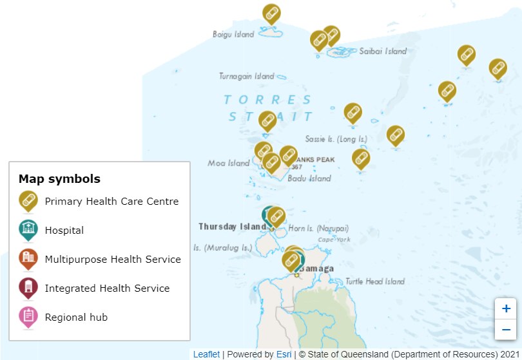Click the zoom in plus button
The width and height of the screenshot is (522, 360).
[506, 308]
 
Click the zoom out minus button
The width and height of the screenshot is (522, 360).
[506, 330]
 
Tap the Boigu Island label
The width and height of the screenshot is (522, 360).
[233, 34]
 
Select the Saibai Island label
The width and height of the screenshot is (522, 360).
[383, 51]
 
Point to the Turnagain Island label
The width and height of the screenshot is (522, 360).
[246, 76]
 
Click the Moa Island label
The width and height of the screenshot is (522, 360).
[228, 163]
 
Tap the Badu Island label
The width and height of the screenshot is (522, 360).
[309, 178]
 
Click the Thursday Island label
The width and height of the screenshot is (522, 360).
[231, 227]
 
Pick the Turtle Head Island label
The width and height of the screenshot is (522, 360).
[374, 281]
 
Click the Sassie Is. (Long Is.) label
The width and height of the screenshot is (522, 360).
[336, 138]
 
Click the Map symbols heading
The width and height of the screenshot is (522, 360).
[59, 179]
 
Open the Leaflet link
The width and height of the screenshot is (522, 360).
[206, 354]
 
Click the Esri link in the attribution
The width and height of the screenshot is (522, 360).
[284, 354]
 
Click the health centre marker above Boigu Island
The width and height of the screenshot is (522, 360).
[271, 14]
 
